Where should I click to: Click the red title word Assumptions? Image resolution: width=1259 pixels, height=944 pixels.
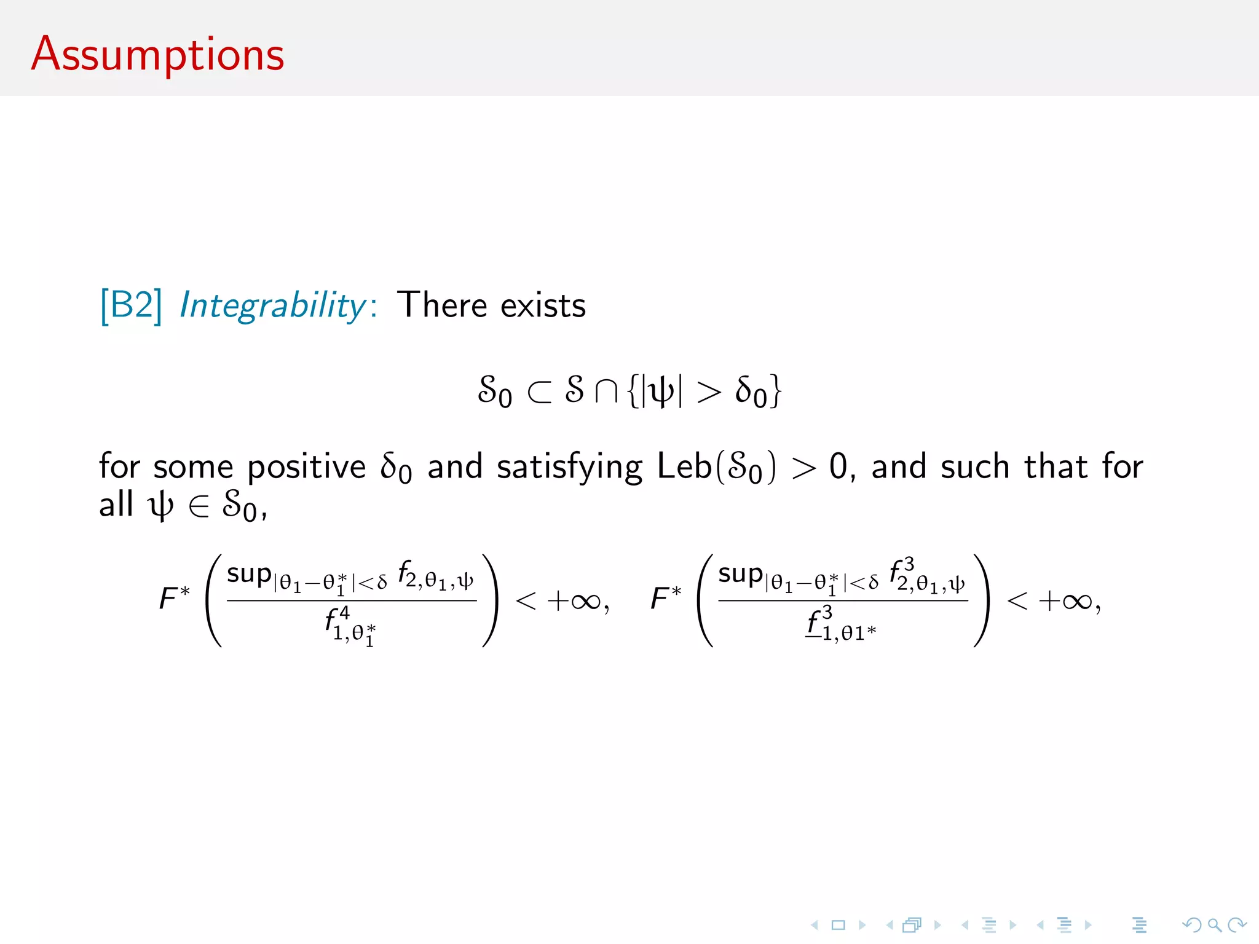click(x=157, y=55)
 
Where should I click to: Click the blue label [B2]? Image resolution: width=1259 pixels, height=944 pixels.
click(x=131, y=305)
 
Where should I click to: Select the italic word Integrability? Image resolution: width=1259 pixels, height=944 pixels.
click(x=273, y=305)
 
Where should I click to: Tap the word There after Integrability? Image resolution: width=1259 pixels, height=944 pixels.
click(x=442, y=305)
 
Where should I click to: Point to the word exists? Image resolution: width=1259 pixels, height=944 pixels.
click(x=543, y=305)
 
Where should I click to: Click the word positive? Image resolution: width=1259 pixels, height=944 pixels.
click(x=307, y=466)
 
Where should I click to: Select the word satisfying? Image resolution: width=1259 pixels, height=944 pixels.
click(x=569, y=467)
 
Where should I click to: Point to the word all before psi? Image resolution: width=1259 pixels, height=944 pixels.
click(x=116, y=505)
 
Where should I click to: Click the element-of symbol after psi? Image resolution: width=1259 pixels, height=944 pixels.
click(x=199, y=506)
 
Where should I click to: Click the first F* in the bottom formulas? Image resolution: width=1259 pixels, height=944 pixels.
click(x=174, y=598)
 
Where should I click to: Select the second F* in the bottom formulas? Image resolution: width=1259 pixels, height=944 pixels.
click(x=666, y=598)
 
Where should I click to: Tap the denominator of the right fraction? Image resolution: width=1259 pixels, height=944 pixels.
click(x=840, y=625)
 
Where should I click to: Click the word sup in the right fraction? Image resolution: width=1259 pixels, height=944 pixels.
click(x=740, y=574)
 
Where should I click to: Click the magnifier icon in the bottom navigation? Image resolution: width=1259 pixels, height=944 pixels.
click(x=1214, y=925)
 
